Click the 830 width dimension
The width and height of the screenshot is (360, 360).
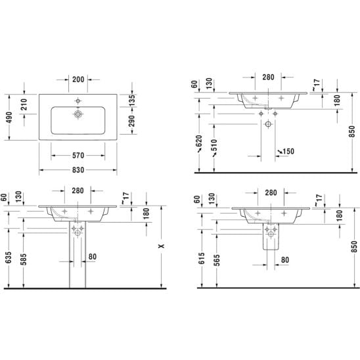pyautogui.click(x=78, y=170)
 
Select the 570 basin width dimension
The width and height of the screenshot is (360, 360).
pyautogui.click(x=78, y=156)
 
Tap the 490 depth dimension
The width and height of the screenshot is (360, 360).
pyautogui.click(x=9, y=117)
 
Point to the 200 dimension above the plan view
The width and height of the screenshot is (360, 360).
pyautogui.click(x=78, y=79)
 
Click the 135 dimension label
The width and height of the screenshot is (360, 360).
pyautogui.click(x=132, y=101)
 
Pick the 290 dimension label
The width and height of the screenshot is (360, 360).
pyautogui.click(x=132, y=121)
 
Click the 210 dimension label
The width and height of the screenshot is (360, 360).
pyautogui.click(x=24, y=104)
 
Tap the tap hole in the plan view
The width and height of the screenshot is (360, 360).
pyautogui.click(x=78, y=101)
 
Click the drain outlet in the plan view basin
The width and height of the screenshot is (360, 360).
pyautogui.click(x=78, y=114)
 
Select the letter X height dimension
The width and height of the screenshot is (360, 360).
pyautogui.click(x=162, y=246)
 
